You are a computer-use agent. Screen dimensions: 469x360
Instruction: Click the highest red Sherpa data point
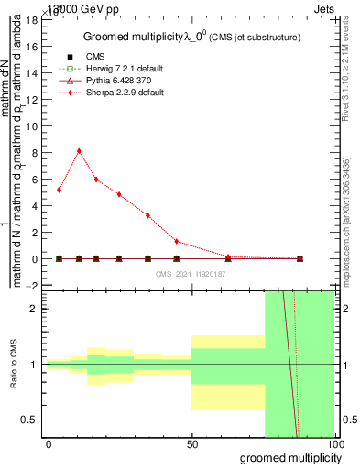click(79, 151)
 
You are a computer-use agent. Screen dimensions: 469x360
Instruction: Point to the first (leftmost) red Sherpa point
click(60, 190)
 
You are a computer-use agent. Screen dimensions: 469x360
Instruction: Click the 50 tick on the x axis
click(191, 444)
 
